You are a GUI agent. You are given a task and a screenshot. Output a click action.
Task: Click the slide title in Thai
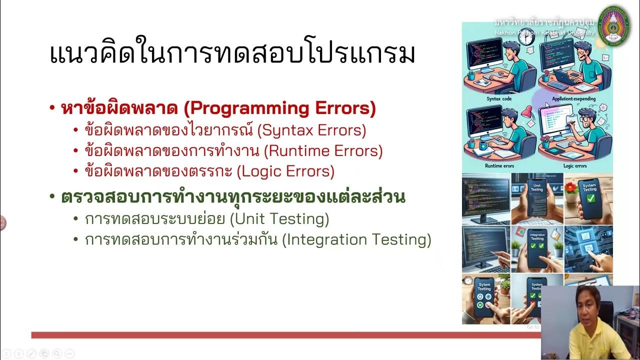click(x=232, y=53)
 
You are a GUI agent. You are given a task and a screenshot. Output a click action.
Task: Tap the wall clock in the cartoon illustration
click(x=526, y=38)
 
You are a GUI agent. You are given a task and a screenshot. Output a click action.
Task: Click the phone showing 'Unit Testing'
click(x=536, y=197)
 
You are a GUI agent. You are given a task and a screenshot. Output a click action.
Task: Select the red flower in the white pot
click(x=570, y=187)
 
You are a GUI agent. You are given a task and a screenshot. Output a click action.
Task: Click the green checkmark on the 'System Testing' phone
click(x=590, y=198)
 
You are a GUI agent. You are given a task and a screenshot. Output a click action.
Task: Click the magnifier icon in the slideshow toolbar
click(x=56, y=353)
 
